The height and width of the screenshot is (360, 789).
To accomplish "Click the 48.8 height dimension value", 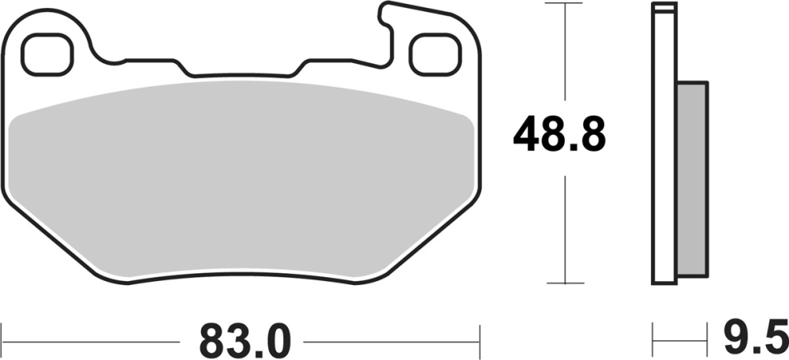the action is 559,133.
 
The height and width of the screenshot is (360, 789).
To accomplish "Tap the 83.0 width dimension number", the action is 245,341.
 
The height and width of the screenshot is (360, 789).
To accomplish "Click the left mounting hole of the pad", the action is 47,54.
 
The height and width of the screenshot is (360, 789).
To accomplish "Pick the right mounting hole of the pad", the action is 436,54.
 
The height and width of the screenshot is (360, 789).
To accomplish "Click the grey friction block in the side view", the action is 693,178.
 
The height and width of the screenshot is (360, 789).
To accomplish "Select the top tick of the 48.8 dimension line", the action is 566,3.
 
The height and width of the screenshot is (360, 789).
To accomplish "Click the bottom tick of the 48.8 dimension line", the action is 566,283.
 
